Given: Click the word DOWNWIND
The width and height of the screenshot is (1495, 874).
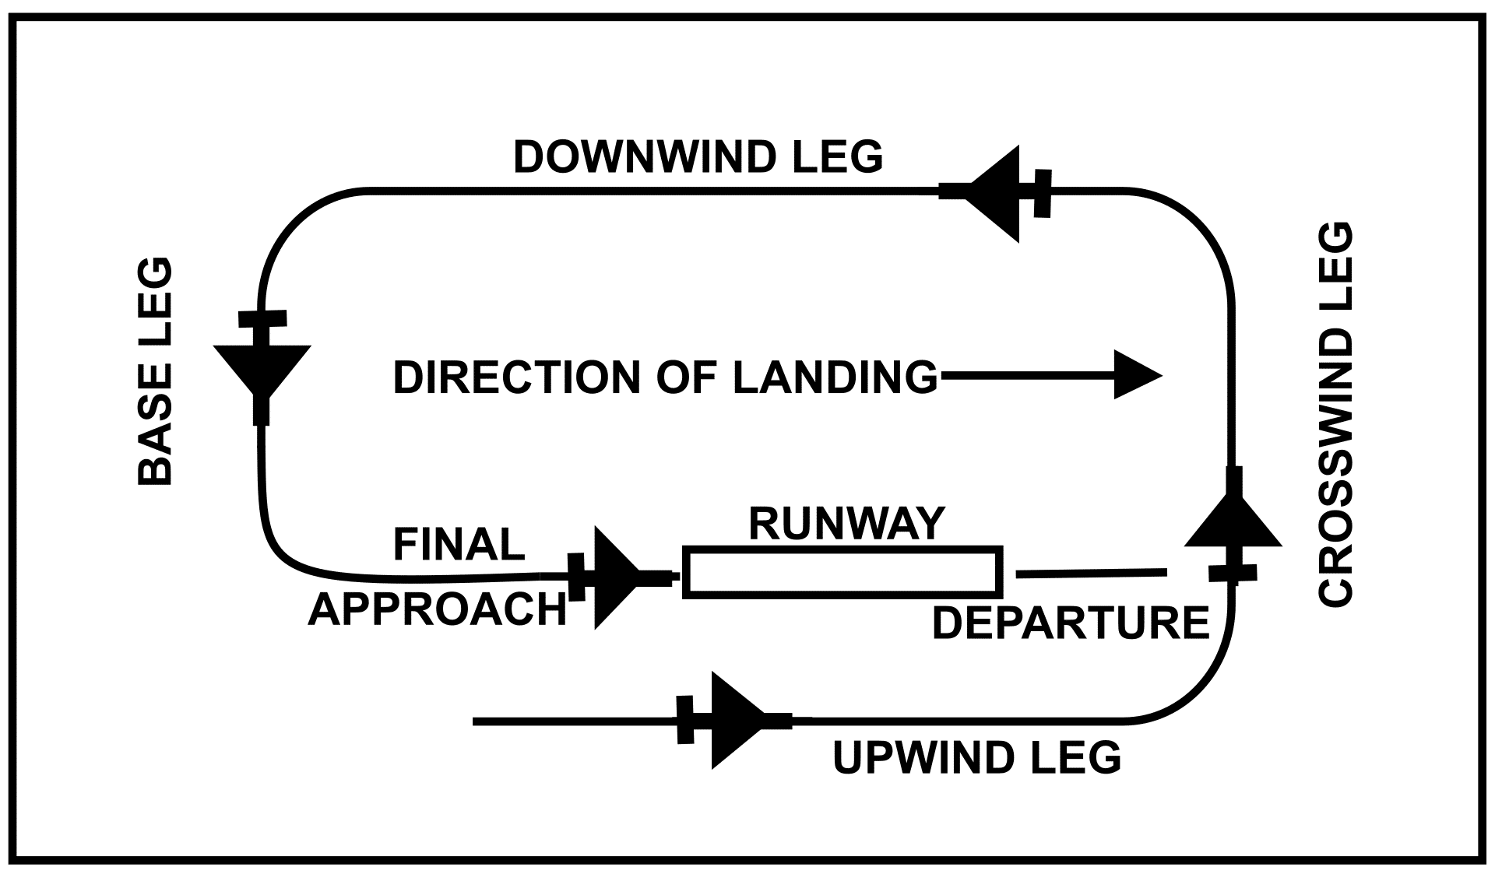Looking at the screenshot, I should pyautogui.click(x=638, y=157).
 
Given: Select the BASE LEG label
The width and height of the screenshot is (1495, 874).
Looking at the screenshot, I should pyautogui.click(x=155, y=371).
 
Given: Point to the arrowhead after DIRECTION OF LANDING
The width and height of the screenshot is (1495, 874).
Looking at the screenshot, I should pyautogui.click(x=1137, y=375).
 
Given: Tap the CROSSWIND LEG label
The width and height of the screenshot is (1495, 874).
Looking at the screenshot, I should pyautogui.click(x=1336, y=414).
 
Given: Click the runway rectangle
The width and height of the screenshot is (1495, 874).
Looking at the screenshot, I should pyautogui.click(x=842, y=572).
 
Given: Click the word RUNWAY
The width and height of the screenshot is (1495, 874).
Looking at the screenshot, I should pyautogui.click(x=846, y=523).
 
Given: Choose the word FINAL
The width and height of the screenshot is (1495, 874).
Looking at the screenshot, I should pyautogui.click(x=459, y=544).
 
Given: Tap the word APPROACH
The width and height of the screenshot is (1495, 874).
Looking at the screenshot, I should pyautogui.click(x=438, y=609).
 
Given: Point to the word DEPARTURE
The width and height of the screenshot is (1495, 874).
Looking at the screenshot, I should pyautogui.click(x=1070, y=623).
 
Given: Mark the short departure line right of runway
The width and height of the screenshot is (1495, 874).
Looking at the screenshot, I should pyautogui.click(x=1091, y=574).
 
